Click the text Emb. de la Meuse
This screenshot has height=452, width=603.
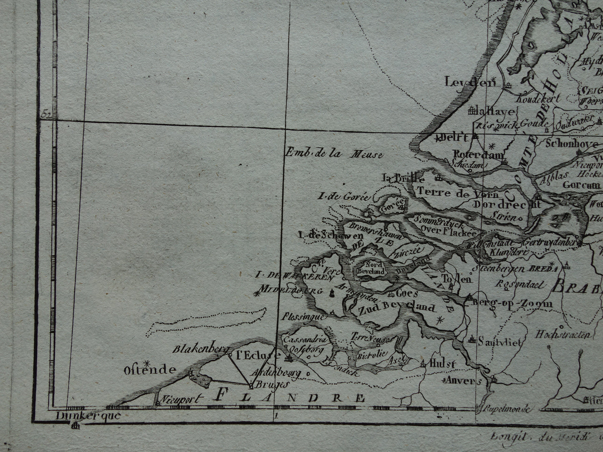pyautogui.click(x=333, y=154)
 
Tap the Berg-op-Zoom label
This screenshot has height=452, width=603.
pyautogui.click(x=512, y=303)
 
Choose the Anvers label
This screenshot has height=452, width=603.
pyautogui.click(x=463, y=380)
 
